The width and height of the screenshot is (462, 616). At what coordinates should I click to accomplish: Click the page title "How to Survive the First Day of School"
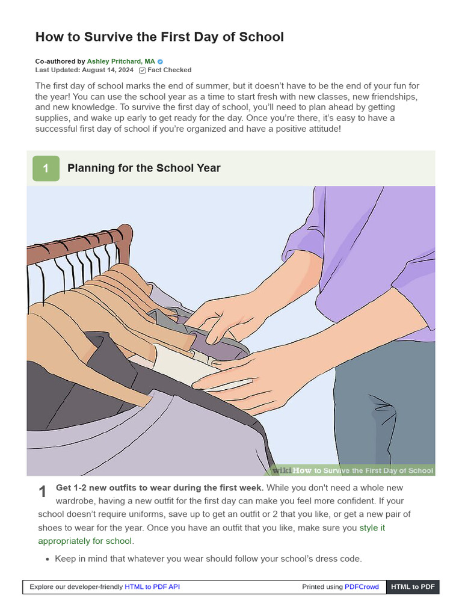coord(159,37)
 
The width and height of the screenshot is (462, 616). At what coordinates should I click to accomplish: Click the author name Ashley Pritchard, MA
coord(121,61)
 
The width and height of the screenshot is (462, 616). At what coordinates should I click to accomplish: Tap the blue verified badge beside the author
coord(160,61)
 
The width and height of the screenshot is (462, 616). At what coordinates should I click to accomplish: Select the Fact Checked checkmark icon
coord(142,70)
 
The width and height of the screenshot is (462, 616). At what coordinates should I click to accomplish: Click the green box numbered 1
coord(46,168)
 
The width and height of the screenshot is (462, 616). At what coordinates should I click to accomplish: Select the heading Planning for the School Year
coord(144,168)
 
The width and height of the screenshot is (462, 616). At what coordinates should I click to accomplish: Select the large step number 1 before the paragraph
coord(43,492)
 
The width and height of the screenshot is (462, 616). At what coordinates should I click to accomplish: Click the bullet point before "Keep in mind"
coord(48,559)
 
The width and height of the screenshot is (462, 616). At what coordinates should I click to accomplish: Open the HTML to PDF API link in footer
coord(152,587)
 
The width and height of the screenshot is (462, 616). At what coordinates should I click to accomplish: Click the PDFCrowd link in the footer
coord(362,587)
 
